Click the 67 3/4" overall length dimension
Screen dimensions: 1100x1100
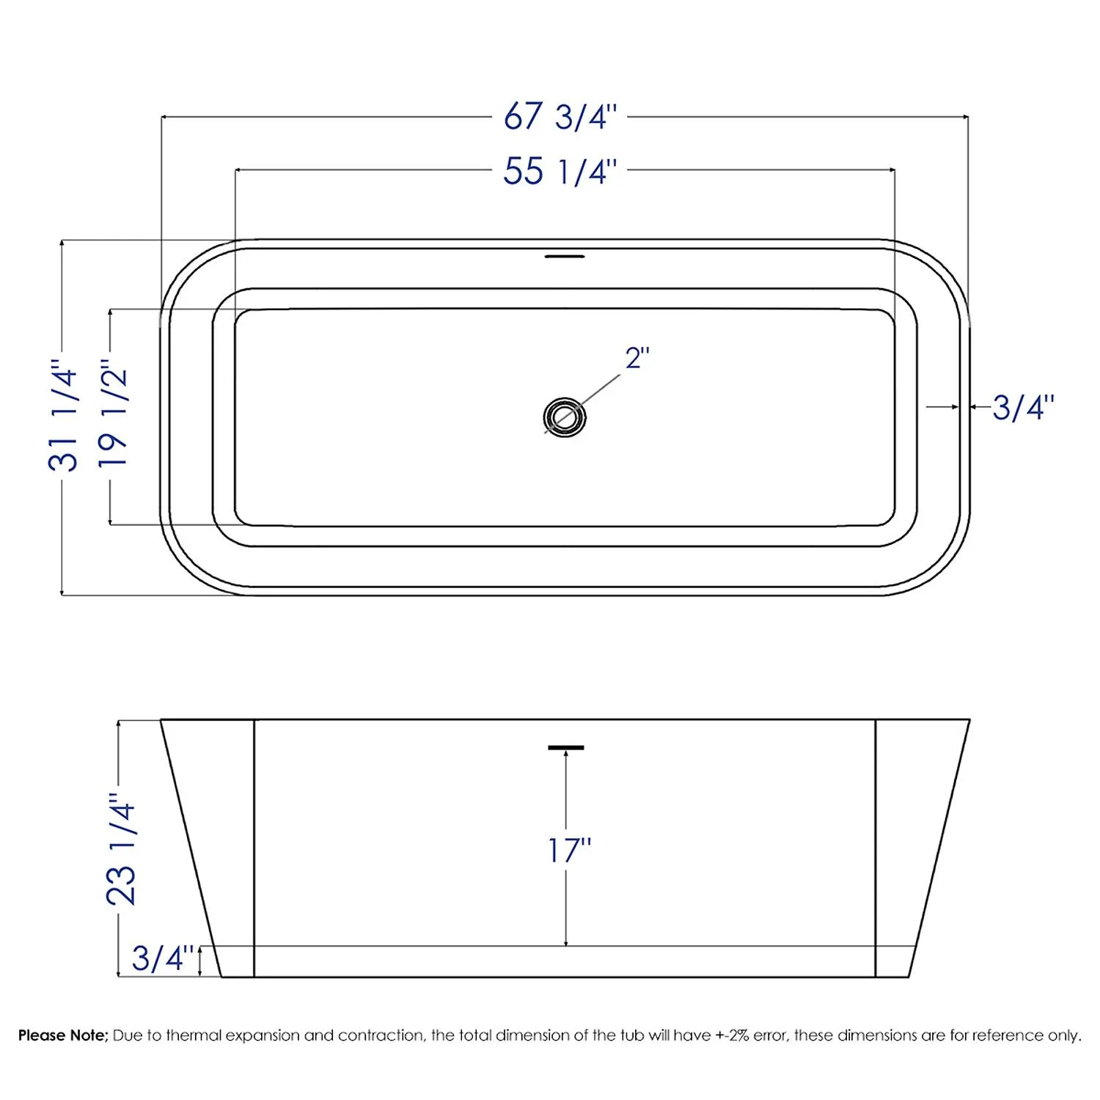click(x=560, y=117)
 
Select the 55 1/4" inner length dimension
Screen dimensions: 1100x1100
click(x=560, y=172)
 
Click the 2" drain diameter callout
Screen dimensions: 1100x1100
click(x=637, y=359)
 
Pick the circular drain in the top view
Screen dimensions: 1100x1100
click(x=564, y=417)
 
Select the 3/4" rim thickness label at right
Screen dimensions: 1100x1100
click(x=1023, y=408)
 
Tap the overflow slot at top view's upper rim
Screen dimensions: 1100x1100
click(x=564, y=257)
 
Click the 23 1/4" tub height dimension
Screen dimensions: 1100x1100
click(x=122, y=849)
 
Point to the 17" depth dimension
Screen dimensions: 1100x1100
click(x=569, y=851)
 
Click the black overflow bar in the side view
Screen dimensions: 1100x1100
click(x=565, y=747)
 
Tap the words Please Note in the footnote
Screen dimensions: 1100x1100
click(x=63, y=1035)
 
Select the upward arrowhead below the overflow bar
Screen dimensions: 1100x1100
click(x=566, y=757)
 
